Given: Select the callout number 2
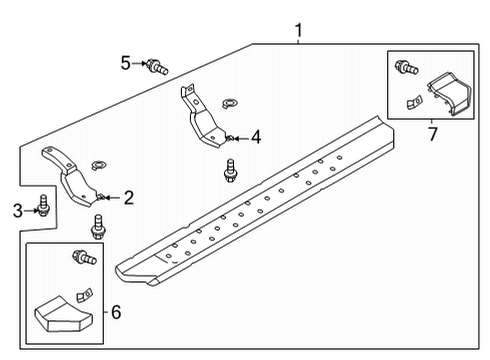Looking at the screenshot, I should (x=129, y=198).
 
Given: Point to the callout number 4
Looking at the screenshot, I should (x=256, y=137).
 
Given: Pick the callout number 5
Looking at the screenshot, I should (x=125, y=64).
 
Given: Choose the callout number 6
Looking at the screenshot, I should (x=117, y=313).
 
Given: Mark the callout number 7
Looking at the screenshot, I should (x=431, y=132).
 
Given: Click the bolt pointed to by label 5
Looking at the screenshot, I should (x=157, y=67).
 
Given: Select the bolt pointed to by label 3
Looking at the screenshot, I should (x=44, y=207).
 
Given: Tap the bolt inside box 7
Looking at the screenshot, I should (x=405, y=68).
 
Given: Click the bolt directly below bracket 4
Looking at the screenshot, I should (x=232, y=169).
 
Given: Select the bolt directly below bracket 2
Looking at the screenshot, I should (x=98, y=226).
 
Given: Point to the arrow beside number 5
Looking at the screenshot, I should (x=139, y=64).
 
